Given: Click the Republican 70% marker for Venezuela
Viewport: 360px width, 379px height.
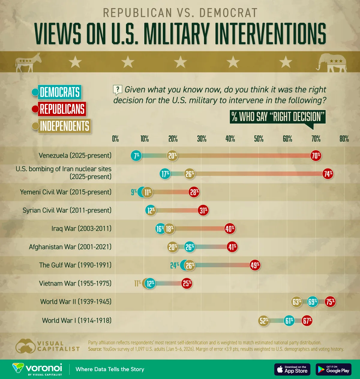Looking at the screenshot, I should pos(316,156).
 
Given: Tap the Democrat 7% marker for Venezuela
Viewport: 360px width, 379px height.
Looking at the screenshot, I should pos(136,156).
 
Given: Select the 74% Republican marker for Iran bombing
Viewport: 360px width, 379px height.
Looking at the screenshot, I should pos(328,174).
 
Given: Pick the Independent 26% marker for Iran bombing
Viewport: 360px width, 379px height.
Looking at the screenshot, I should pos(190,174).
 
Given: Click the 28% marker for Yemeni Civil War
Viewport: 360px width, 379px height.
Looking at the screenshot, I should pos(194,192).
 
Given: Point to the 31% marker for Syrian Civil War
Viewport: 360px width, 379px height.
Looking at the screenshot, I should pos(203,210).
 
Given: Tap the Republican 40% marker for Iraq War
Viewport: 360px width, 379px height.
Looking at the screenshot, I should pos(230,229).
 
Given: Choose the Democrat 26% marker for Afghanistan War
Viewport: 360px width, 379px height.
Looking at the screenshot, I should pos(190,247).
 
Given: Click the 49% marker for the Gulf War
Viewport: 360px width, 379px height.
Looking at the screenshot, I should pos(255,265).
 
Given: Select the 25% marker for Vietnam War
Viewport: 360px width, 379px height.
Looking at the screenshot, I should pos(187,283).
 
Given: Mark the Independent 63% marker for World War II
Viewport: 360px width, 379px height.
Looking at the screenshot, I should pos(297,302).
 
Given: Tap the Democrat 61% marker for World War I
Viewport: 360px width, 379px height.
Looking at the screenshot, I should pos(289,321).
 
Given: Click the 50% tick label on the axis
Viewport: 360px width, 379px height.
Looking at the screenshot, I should pos(259,139).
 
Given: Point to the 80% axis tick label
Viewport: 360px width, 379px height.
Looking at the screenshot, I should pos(344,139).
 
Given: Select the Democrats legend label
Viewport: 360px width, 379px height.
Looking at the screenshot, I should pos(60,92).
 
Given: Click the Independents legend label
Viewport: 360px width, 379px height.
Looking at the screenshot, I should pos(65,126).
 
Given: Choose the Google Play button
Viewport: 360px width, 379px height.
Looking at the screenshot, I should pos(333,369).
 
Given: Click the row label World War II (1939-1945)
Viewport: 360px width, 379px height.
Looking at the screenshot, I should pos(76,302).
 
